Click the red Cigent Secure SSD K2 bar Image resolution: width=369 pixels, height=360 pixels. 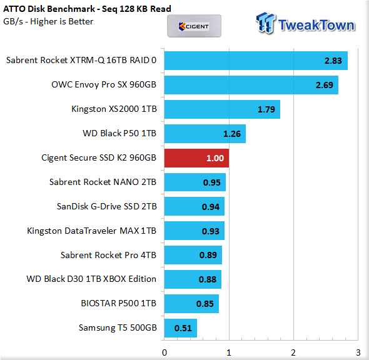point(196,158)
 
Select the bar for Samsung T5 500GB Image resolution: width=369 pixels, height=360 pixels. point(181,328)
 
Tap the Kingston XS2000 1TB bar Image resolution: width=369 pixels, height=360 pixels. point(222,109)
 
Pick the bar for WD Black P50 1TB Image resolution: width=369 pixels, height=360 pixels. point(205,134)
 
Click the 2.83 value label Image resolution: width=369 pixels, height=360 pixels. point(333,61)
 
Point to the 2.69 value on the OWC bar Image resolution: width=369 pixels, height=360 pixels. point(325,85)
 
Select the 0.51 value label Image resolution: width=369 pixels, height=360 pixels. point(183,328)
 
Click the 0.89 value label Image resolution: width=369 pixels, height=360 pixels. point(208,255)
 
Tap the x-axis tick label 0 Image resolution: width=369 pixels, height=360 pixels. point(164,352)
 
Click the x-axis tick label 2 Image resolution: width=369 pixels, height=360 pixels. point(293,352)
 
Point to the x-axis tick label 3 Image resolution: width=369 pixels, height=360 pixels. point(358,352)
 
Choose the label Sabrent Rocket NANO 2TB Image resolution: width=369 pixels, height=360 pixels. point(103,182)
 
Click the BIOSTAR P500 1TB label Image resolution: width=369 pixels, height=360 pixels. point(119,303)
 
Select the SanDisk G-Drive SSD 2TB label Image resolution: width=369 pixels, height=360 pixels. point(107,206)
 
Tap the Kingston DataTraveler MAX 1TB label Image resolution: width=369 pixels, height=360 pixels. point(92,231)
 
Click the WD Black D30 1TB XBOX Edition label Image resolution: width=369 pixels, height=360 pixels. point(91,279)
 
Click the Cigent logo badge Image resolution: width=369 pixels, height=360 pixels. point(194,26)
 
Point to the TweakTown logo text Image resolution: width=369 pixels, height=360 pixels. point(316,25)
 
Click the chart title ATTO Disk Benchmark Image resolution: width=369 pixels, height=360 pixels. point(49,9)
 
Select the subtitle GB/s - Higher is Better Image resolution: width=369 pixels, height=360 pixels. point(48,21)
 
